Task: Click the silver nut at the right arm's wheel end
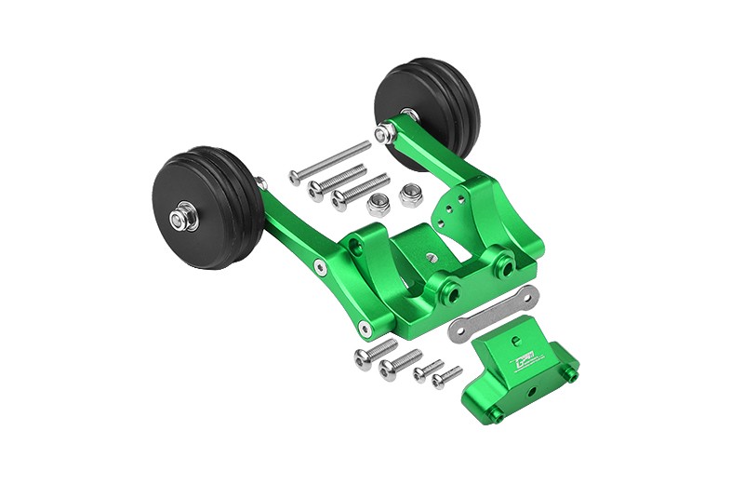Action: click(x=382, y=134)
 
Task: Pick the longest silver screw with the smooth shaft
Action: click(x=329, y=162)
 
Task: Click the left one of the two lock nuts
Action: click(x=379, y=205)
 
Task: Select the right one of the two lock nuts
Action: click(x=410, y=195)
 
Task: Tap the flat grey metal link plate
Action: click(x=493, y=315)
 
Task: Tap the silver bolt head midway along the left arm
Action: click(x=320, y=267)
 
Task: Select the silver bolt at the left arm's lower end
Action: click(x=363, y=327)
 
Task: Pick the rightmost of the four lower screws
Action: click(x=446, y=377)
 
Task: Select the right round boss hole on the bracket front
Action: click(x=504, y=265)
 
